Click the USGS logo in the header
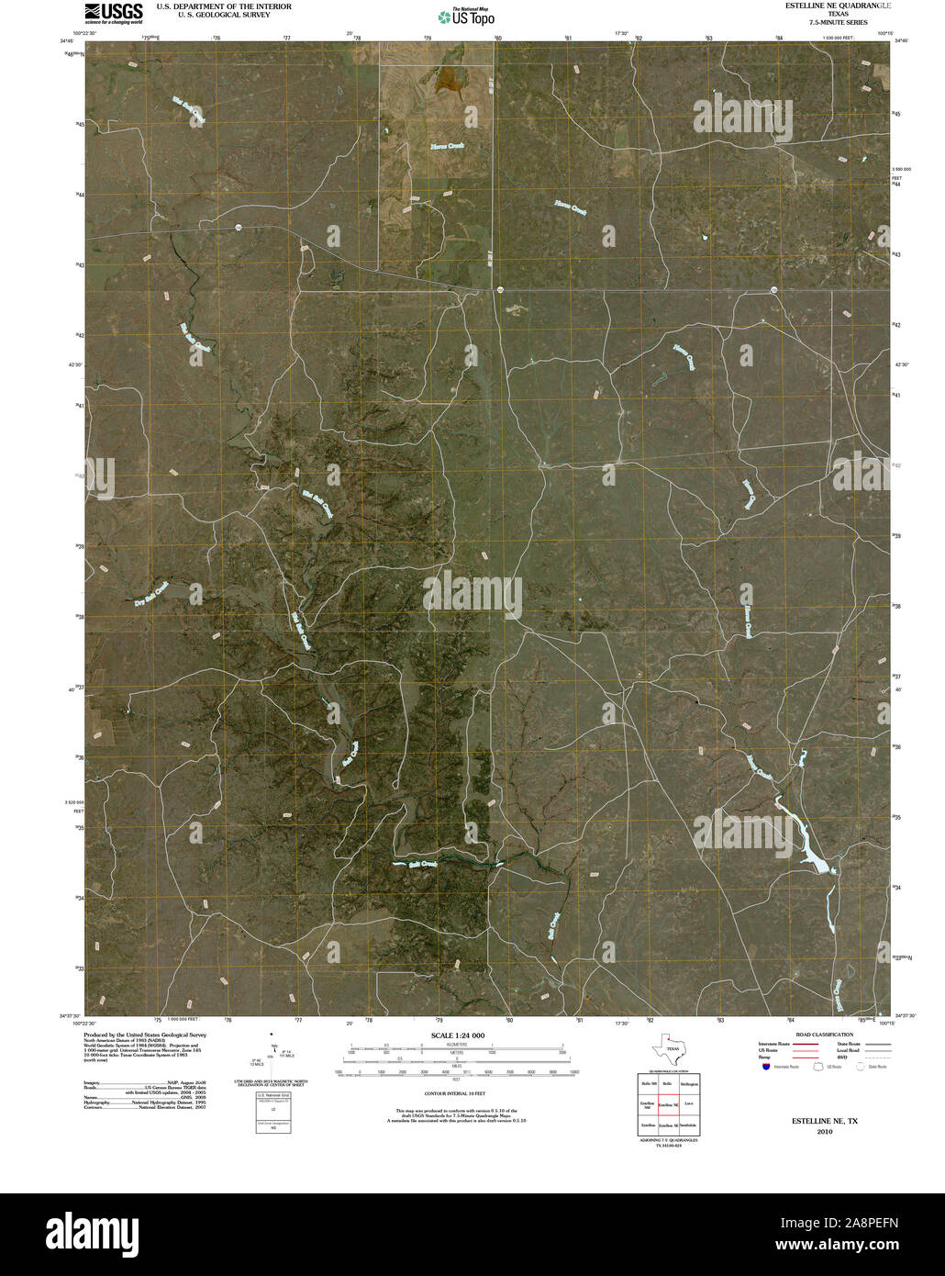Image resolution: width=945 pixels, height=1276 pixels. pyautogui.click(x=114, y=12)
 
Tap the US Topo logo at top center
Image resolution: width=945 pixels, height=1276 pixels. pyautogui.click(x=466, y=16)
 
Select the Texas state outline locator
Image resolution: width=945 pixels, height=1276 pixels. pyautogui.click(x=668, y=1047)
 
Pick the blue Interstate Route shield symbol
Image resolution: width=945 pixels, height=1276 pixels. pyautogui.click(x=765, y=1067)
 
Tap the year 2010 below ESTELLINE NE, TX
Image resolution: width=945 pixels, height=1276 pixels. pyautogui.click(x=825, y=1132)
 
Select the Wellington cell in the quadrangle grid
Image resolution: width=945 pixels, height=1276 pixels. pyautogui.click(x=689, y=1084)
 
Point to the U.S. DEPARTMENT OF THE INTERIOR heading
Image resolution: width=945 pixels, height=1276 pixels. pyautogui.click(x=224, y=6)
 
